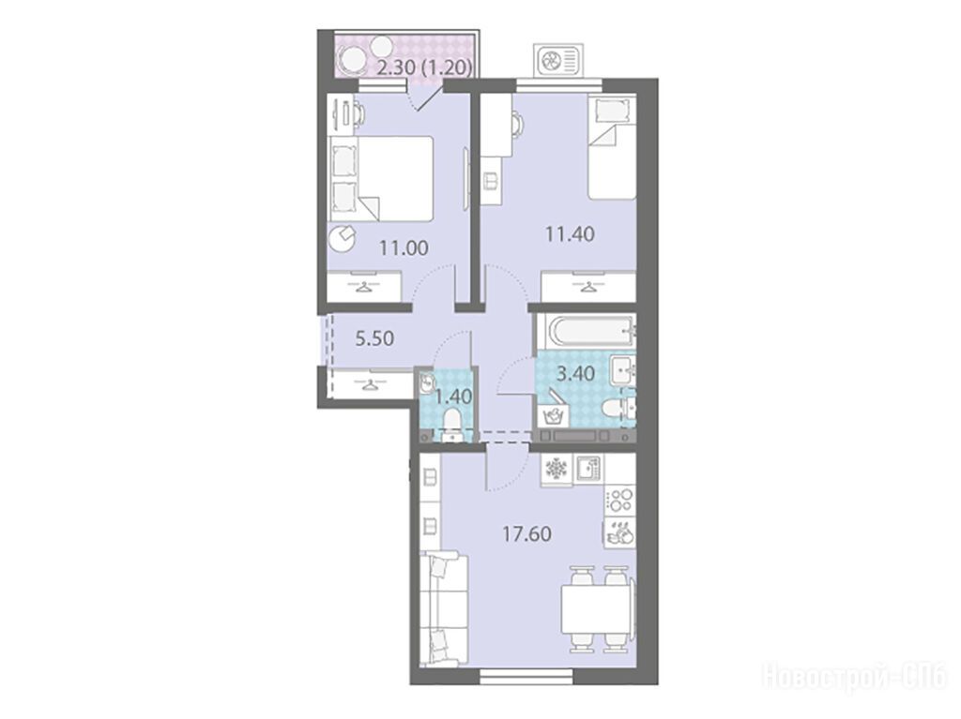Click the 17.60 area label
click(x=526, y=533)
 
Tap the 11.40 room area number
click(x=570, y=233)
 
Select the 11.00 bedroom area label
click(x=404, y=248)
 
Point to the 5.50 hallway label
click(x=374, y=337)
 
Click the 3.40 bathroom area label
click(x=575, y=373)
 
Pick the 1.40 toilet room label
click(x=453, y=397)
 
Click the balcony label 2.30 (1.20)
click(x=424, y=67)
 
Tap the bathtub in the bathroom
click(x=586, y=333)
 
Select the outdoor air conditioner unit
click(x=557, y=60)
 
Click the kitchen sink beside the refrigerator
click(x=587, y=469)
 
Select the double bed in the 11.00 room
click(x=381, y=178)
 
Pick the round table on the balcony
click(x=354, y=61)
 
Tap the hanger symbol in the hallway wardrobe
click(x=370, y=384)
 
